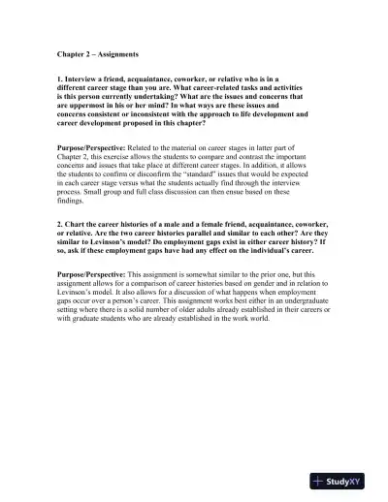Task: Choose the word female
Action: pos(218,223)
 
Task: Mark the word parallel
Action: pos(182,233)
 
